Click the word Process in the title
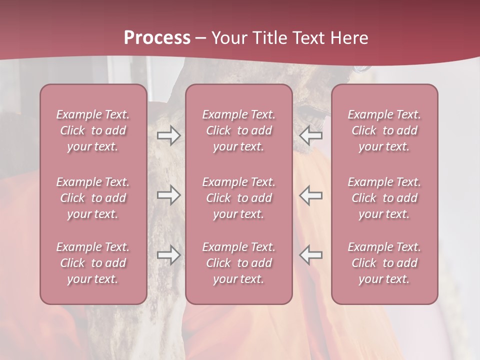(157, 38)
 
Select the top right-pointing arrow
(168, 135)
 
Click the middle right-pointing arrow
(168, 195)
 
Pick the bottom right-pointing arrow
(168, 255)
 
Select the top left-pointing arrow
(310, 135)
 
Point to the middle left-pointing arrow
(310, 195)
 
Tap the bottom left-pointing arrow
(310, 255)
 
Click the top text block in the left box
(93, 130)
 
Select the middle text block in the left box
(93, 198)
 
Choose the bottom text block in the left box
(93, 263)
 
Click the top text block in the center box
(238, 130)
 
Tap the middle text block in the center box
(238, 198)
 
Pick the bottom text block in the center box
(238, 263)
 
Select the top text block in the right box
(384, 130)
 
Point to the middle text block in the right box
(384, 198)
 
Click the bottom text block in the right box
(384, 263)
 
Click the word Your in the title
(229, 38)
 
